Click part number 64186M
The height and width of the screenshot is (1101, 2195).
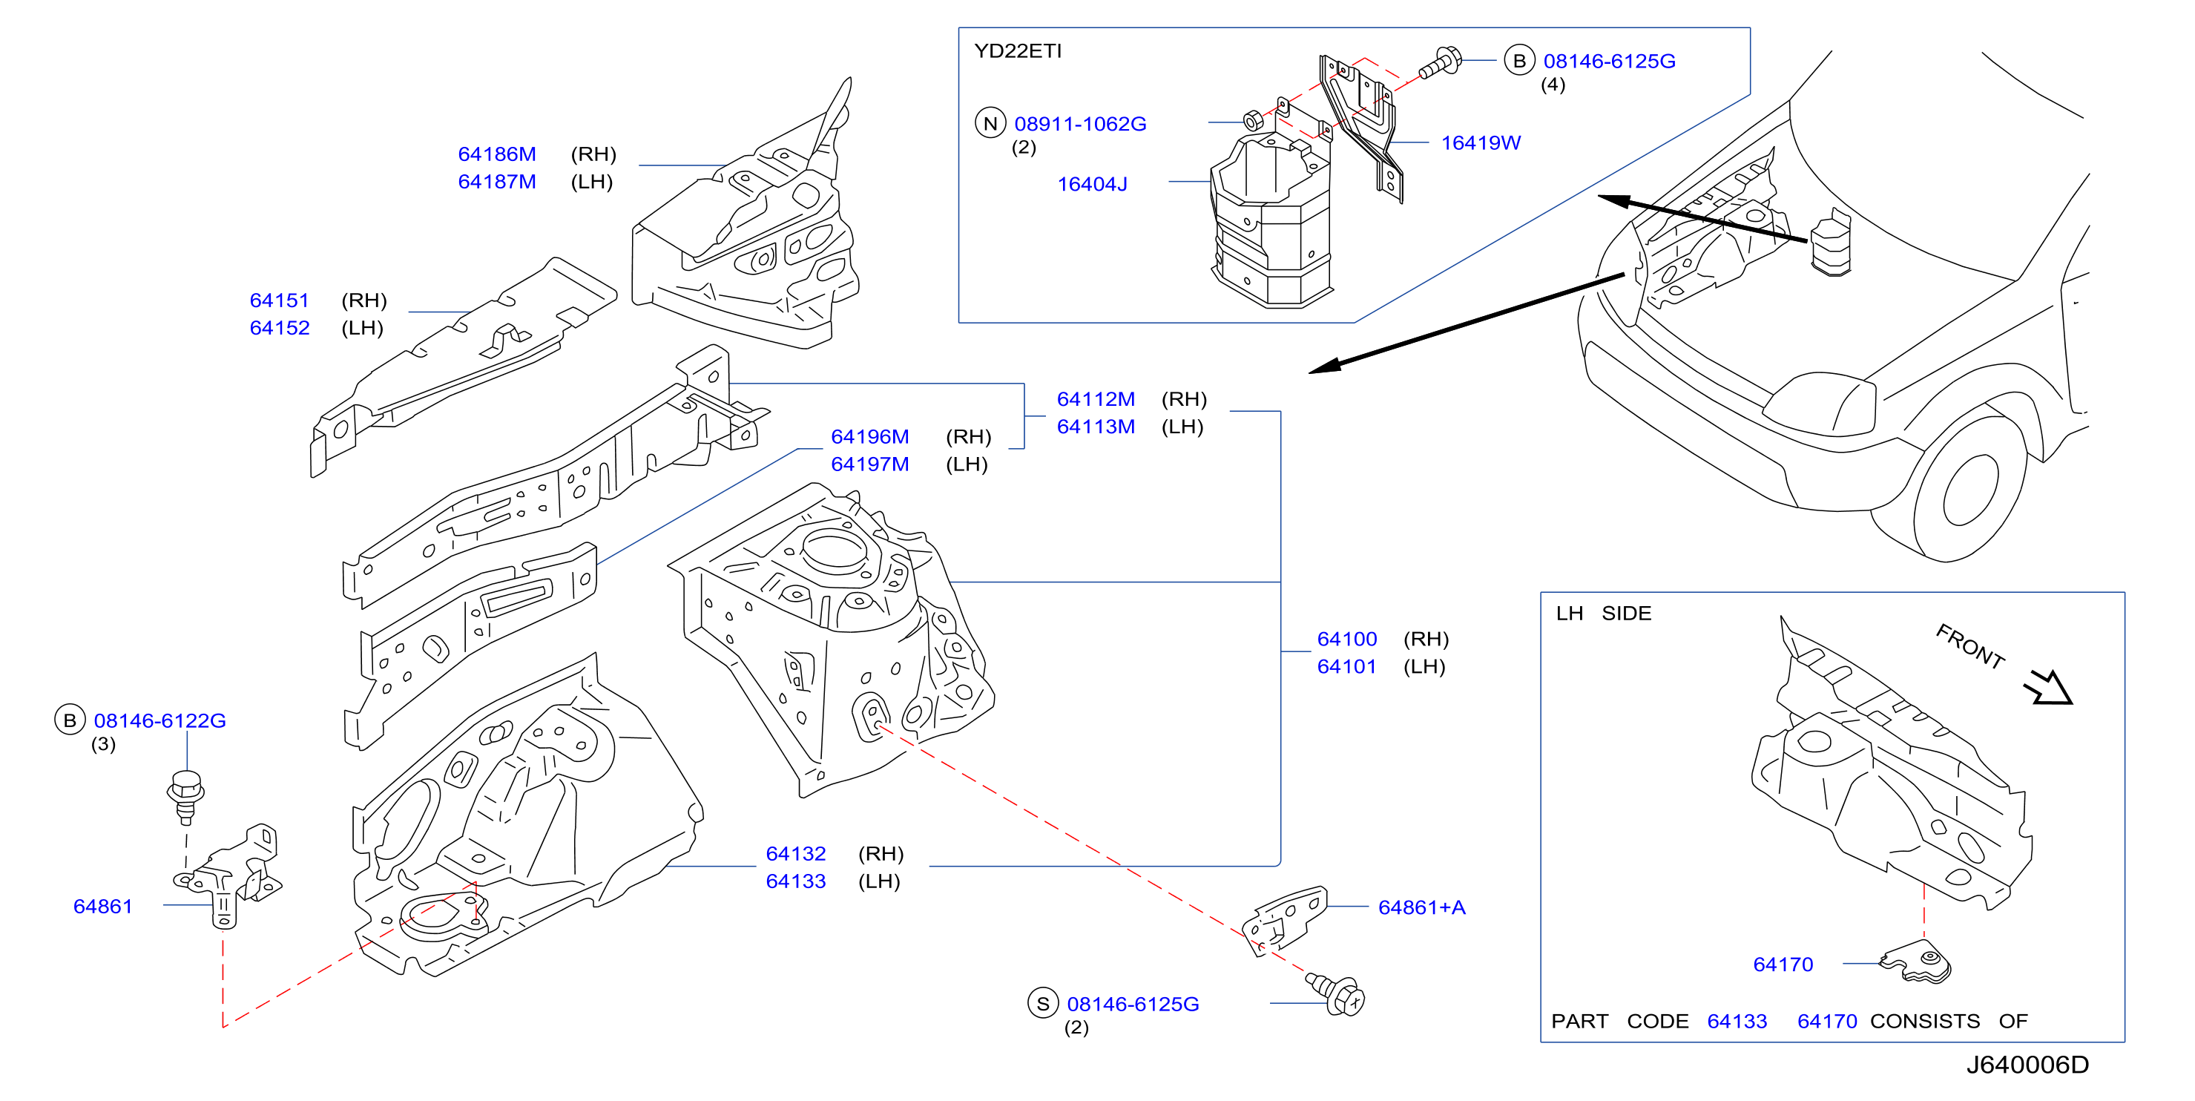click(497, 154)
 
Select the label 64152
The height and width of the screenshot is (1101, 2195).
click(280, 328)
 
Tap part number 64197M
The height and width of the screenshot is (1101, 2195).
click(870, 464)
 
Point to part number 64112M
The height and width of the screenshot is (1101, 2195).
click(1096, 400)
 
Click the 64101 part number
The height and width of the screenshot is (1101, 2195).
click(1347, 666)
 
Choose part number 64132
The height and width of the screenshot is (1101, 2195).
click(796, 854)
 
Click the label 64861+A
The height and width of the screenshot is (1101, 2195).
click(1422, 907)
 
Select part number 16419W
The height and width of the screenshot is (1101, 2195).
click(1481, 143)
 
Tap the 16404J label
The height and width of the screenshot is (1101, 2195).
click(1093, 184)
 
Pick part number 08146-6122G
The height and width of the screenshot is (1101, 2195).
click(160, 721)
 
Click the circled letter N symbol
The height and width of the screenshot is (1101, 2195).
click(990, 124)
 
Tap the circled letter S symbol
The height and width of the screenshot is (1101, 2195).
click(1043, 1004)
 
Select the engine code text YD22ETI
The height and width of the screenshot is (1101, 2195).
click(1018, 51)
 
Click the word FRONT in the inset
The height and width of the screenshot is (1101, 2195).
click(1970, 646)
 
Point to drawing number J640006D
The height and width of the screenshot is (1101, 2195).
click(2028, 1065)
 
